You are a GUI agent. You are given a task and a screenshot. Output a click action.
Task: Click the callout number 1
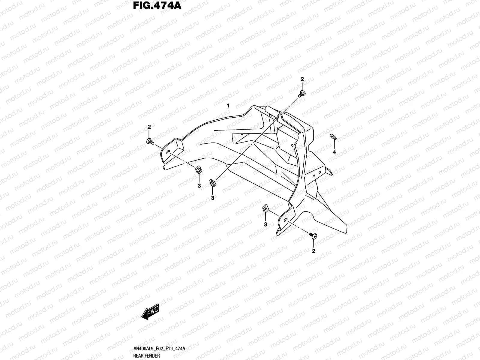(x=228, y=106)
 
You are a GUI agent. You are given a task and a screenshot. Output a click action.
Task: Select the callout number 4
(x=334, y=152)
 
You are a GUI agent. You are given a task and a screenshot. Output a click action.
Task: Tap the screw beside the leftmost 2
(x=150, y=141)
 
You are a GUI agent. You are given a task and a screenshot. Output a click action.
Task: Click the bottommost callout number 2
(x=314, y=251)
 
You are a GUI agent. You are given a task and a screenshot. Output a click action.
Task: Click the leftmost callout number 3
(x=199, y=186)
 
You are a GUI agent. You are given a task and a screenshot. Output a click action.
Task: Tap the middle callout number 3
(x=212, y=198)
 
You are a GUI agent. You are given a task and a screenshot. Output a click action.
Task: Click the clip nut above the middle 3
(x=212, y=182)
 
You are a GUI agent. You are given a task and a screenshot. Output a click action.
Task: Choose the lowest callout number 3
(x=265, y=224)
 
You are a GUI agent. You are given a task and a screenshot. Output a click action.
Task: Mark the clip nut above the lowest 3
(x=265, y=208)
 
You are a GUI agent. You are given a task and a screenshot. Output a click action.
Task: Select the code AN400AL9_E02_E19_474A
(x=159, y=349)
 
